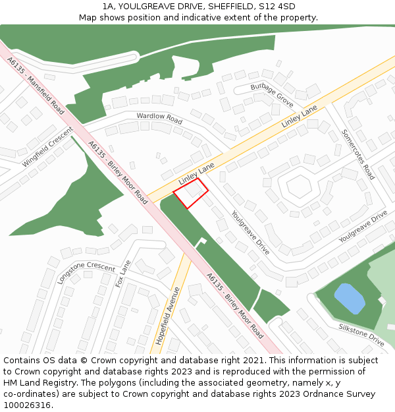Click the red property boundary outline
(x=190, y=193)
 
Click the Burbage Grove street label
(x=272, y=96)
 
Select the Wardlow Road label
(x=159, y=119)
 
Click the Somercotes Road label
(x=358, y=154)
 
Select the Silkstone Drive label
(x=361, y=335)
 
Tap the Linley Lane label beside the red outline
(x=197, y=175)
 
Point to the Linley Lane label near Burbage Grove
(x=300, y=117)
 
